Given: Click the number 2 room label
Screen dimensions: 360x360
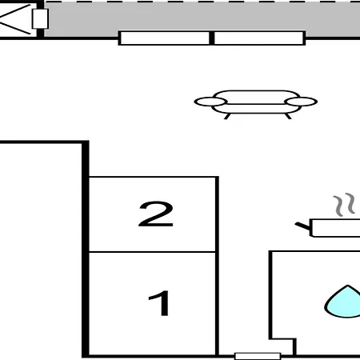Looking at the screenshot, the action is coord(156,214).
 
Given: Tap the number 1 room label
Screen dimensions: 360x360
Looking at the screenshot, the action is coord(159,303).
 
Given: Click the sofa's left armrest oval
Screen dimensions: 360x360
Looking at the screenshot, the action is coord(210,102).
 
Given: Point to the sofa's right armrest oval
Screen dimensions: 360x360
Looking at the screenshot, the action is coord(301,102).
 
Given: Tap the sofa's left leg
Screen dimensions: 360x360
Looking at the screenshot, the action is coord(227,116).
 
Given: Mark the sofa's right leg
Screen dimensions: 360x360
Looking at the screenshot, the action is coord(288,116).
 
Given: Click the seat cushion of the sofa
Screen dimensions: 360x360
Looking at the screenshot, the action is coord(255,109).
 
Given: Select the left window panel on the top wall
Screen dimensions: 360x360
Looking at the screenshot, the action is coord(165,38).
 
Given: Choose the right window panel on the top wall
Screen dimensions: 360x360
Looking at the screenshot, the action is coord(259,38).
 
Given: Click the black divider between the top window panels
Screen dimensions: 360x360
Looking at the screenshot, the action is coord(212,38).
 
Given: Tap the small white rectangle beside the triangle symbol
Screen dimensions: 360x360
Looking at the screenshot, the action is coord(40,18).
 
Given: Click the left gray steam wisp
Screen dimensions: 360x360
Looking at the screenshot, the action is coord(338,206).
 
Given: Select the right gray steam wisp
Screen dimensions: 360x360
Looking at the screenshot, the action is coord(350,203).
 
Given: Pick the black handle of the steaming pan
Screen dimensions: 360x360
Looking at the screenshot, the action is coord(302,226).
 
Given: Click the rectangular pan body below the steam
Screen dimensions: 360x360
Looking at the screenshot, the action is coord(335,228).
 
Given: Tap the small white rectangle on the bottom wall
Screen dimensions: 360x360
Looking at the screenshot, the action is coord(258,356).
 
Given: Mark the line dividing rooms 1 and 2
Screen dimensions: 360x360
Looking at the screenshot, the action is coord(152,251).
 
